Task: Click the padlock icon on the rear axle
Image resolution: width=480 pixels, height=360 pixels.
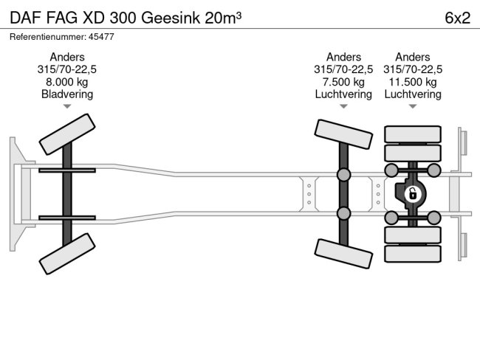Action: point(412,194)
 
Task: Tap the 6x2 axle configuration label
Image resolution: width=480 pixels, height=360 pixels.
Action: point(457,18)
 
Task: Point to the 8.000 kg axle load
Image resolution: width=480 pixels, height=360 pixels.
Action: point(67,82)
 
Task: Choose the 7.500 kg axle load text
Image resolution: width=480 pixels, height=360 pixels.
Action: point(343,82)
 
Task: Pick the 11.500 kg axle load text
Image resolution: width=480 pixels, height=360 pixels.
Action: point(413,82)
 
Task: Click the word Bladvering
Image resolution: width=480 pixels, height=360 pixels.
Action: point(67,94)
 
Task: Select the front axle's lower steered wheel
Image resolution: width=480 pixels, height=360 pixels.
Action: point(67,253)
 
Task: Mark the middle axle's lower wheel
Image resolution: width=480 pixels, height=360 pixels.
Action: point(343,253)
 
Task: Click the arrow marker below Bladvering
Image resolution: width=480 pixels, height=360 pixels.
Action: point(67,107)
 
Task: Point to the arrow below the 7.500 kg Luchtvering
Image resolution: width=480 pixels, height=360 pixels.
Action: point(343,107)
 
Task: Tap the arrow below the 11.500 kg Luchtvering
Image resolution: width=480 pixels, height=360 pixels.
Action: point(413,107)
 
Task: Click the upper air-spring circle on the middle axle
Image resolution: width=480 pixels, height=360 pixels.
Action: point(343,174)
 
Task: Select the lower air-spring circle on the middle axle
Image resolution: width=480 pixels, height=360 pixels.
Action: point(343,214)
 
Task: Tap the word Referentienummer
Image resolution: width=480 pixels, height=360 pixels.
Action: point(45,36)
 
